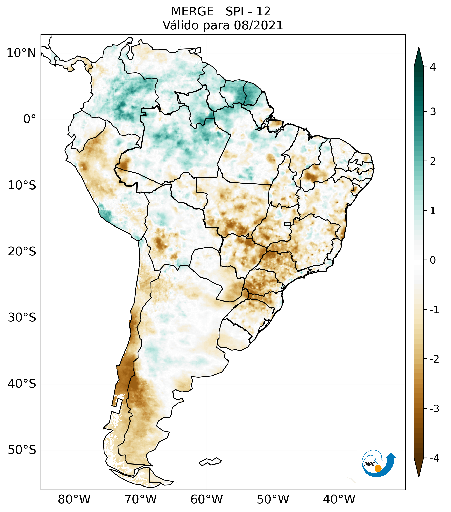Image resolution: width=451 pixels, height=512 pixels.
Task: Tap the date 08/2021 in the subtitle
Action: (x=258, y=25)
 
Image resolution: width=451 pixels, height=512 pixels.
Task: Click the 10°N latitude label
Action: (x=21, y=53)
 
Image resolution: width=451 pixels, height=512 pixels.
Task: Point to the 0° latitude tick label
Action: (x=30, y=119)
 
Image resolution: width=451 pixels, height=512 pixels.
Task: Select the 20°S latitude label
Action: (x=22, y=252)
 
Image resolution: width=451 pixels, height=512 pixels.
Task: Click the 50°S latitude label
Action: (x=22, y=450)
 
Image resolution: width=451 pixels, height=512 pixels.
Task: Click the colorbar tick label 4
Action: (x=433, y=67)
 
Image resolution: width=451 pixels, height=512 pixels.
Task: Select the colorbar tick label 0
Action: (x=433, y=260)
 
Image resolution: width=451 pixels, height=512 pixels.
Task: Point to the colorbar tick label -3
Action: (x=434, y=409)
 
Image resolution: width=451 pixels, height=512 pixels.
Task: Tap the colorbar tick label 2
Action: (x=433, y=161)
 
